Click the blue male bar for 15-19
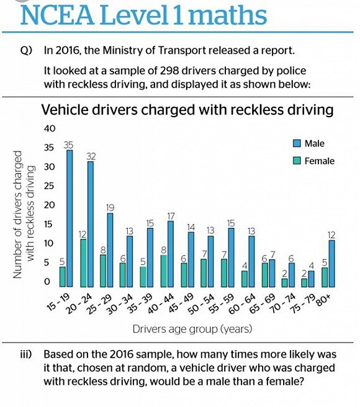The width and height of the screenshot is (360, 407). pos(70,218)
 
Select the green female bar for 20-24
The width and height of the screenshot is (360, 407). pos(83,263)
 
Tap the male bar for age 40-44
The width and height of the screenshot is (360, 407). pos(171,254)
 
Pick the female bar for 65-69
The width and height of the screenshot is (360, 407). pos(264,275)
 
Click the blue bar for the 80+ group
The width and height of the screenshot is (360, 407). pos(331,264)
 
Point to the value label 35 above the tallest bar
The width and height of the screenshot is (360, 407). pos(68,145)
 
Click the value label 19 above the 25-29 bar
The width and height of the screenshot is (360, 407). pos(110,208)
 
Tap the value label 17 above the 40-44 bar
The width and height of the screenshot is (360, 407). pos(171,216)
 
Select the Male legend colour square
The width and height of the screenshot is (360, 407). pos(297,143)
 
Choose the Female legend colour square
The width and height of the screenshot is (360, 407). pos(297,161)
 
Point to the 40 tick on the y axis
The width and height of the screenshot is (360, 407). pos(50,128)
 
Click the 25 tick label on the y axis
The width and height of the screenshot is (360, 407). pos(49,186)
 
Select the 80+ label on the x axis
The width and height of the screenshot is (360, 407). pos(324,300)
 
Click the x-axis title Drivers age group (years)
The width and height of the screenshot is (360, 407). pos(192,329)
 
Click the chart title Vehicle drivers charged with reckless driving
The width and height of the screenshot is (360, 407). pos(187,110)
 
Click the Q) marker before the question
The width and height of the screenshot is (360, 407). pos(26,50)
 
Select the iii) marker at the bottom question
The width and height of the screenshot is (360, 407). pos(26,354)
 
